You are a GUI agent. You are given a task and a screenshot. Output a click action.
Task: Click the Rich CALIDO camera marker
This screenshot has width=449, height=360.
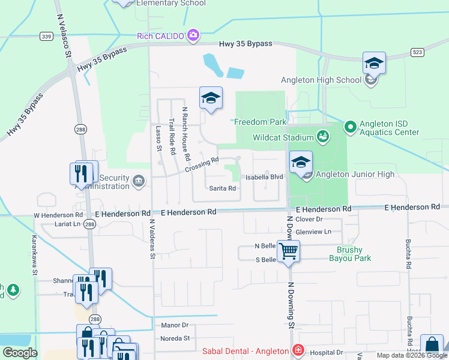(193, 35)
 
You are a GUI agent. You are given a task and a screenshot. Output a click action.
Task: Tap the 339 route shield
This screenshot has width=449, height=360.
(46, 37)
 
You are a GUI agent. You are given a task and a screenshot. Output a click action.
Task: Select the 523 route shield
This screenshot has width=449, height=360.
(418, 52)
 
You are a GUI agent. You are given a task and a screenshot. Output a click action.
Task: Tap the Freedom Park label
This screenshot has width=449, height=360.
(260, 122)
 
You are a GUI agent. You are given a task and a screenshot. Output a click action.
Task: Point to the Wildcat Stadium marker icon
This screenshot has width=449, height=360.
(323, 136)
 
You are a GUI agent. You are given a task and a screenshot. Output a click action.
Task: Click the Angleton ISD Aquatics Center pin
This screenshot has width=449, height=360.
(350, 127)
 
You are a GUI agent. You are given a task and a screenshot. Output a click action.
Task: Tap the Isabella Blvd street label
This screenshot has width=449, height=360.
(264, 178)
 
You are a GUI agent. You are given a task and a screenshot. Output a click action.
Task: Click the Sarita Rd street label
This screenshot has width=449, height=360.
(222, 188)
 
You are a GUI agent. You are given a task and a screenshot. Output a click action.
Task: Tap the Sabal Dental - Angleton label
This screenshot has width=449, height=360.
(246, 351)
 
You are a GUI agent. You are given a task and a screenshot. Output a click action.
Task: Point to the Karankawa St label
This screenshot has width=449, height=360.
(34, 254)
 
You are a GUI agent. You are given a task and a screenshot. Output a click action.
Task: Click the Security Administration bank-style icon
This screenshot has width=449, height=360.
(139, 181)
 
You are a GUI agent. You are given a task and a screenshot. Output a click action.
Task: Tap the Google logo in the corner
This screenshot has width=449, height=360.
(20, 353)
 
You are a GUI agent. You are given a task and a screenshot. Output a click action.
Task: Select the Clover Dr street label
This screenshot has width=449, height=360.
(310, 220)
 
